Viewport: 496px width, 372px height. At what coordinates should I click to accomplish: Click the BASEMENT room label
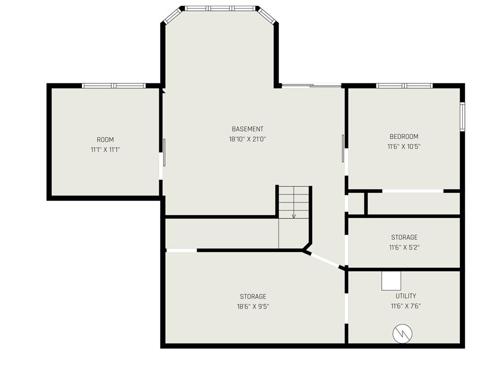click(248, 129)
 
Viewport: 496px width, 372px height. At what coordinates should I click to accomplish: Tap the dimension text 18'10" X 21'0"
click(248, 139)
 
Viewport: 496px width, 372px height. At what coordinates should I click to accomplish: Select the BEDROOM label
click(403, 137)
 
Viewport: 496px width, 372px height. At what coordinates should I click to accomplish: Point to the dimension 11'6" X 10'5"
click(403, 146)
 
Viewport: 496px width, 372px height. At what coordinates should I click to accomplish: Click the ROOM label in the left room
click(105, 140)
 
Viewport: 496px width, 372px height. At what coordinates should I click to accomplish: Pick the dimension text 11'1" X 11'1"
click(105, 150)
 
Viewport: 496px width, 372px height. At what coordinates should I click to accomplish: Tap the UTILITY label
click(405, 296)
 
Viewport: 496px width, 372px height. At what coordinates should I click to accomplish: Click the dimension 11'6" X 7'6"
click(405, 306)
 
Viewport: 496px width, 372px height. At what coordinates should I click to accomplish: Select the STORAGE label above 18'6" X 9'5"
click(253, 296)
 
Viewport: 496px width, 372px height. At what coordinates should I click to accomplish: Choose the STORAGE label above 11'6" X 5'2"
click(404, 237)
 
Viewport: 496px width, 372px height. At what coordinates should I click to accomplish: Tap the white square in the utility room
click(391, 280)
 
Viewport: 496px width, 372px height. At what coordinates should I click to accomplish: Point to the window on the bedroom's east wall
click(462, 117)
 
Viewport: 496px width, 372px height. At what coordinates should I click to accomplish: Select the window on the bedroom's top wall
click(404, 86)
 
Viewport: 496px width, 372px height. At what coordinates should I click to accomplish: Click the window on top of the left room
click(114, 86)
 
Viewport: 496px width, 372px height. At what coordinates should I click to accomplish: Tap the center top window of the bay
click(220, 8)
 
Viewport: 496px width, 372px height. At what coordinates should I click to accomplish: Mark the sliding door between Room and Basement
click(164, 152)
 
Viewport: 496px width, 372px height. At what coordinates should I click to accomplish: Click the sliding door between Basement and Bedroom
click(343, 148)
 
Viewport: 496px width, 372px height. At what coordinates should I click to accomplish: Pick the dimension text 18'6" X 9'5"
click(253, 306)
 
